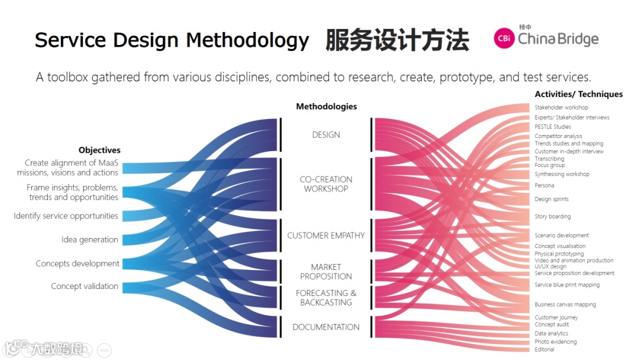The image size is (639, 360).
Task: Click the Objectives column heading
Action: (99, 150)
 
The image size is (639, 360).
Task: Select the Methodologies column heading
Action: (327, 107)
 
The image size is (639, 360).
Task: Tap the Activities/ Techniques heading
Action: (579, 94)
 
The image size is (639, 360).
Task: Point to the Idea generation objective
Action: (90, 240)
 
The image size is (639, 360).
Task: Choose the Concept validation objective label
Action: (85, 286)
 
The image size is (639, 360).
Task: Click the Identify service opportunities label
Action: (66, 216)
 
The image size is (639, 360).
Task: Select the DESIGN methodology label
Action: (326, 135)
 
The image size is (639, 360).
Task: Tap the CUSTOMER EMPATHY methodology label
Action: (326, 236)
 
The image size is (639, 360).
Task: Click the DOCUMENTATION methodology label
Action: (326, 327)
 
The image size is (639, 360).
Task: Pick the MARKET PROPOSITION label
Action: (326, 272)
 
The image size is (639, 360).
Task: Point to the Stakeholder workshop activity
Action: (561, 108)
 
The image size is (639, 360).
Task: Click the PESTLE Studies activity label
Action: (553, 127)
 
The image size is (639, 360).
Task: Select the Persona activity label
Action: (544, 186)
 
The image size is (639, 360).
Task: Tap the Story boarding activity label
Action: (553, 217)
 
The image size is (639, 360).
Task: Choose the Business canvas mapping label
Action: (565, 305)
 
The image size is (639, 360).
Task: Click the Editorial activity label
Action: (544, 350)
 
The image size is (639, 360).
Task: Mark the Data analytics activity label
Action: (551, 334)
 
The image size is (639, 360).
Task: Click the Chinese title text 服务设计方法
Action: (397, 40)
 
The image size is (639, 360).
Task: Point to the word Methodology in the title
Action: (247, 40)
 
